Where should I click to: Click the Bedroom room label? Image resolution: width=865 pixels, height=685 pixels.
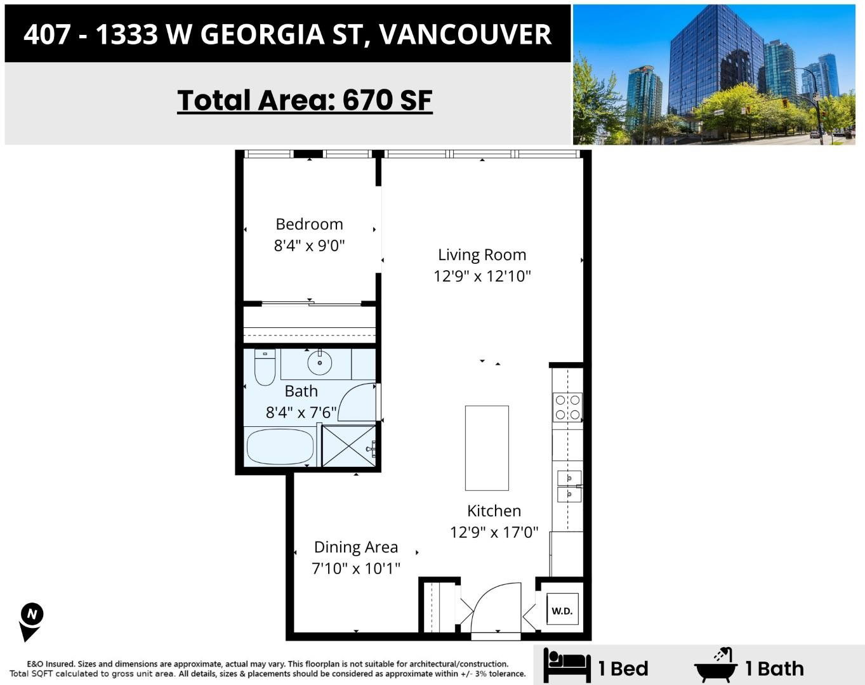(309, 224)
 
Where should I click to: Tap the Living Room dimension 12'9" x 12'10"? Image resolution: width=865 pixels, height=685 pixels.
(482, 276)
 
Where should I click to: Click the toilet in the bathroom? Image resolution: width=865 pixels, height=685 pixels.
(265, 367)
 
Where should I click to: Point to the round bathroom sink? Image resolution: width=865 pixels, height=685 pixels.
(320, 362)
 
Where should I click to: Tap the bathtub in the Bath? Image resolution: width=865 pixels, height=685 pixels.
(280, 447)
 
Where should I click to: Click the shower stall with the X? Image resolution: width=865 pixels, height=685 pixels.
(349, 447)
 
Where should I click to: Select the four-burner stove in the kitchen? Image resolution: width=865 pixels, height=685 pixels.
(567, 407)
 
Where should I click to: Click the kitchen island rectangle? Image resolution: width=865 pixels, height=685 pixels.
(487, 448)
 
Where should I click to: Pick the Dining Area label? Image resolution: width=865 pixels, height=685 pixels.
(356, 547)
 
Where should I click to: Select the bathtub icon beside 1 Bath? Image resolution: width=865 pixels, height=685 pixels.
(716, 665)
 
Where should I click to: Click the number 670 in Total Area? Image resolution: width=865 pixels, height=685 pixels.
(367, 100)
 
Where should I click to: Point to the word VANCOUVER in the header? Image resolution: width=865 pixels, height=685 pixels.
(465, 34)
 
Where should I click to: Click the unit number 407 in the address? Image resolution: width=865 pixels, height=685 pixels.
(47, 34)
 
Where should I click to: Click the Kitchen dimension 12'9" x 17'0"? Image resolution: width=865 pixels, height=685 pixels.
(494, 532)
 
